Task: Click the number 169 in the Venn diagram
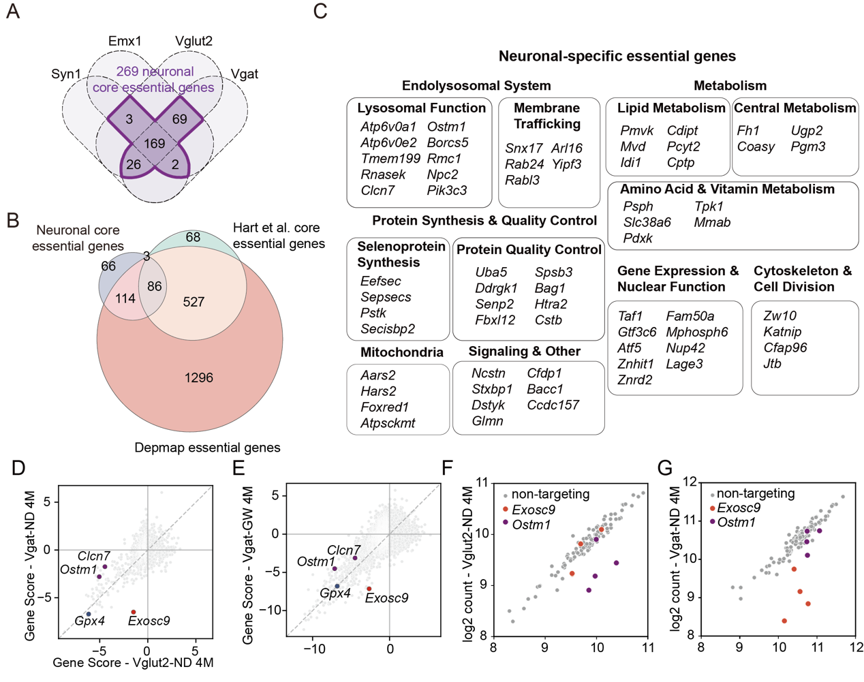point(155,143)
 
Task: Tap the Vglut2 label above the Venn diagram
point(194,41)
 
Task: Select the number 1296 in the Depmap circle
point(199,377)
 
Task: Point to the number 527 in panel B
point(194,301)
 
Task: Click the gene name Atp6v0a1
point(388,127)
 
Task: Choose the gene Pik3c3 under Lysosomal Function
point(447,190)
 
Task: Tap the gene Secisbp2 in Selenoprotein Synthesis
point(388,329)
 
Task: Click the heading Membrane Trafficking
point(547,116)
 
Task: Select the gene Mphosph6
point(696,332)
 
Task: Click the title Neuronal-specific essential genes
point(617,56)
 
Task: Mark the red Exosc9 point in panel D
point(134,612)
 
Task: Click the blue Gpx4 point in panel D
point(89,614)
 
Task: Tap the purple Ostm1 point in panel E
point(335,569)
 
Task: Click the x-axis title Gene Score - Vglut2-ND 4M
point(133,662)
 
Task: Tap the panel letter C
point(320,11)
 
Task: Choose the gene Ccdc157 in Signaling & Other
point(553,405)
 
